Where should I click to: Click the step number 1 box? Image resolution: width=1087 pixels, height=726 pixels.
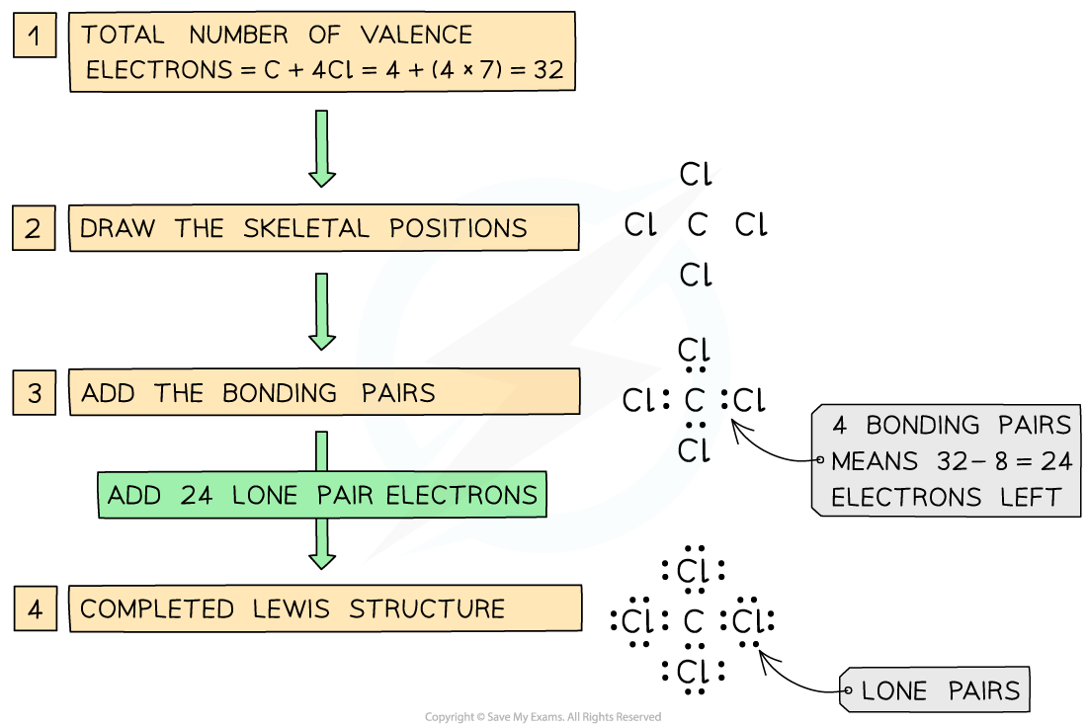(35, 36)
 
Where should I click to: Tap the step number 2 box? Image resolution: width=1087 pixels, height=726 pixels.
(34, 228)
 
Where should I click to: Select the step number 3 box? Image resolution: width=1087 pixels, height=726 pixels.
(34, 393)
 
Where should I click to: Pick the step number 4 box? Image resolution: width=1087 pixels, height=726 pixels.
(36, 608)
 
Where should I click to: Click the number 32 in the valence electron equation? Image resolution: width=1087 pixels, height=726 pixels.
(548, 70)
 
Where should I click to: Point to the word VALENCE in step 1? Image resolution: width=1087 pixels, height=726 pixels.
(417, 35)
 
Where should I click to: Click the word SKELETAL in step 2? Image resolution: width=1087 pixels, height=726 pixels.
(306, 228)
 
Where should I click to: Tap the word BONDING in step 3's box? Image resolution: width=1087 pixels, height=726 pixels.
(280, 393)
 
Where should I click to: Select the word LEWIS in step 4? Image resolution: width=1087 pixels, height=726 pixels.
(292, 608)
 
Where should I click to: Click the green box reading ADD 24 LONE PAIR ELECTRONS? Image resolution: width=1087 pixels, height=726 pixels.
(322, 495)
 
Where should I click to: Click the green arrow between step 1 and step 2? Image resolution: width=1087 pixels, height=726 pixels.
(322, 148)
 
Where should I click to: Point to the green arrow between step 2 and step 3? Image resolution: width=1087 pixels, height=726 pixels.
(322, 312)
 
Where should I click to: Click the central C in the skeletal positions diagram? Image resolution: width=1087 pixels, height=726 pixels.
(698, 224)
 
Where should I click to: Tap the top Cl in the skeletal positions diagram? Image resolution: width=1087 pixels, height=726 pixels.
(696, 174)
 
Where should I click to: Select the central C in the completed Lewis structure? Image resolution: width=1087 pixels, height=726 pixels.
(694, 621)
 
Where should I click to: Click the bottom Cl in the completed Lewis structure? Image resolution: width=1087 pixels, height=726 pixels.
(694, 672)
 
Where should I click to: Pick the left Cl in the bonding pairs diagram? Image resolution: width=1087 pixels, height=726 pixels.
(637, 400)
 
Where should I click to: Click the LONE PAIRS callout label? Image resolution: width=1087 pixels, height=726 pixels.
(940, 690)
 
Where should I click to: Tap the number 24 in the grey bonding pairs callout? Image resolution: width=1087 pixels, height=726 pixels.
(1056, 461)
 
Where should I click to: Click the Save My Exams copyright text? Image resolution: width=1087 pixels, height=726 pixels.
(543, 717)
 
